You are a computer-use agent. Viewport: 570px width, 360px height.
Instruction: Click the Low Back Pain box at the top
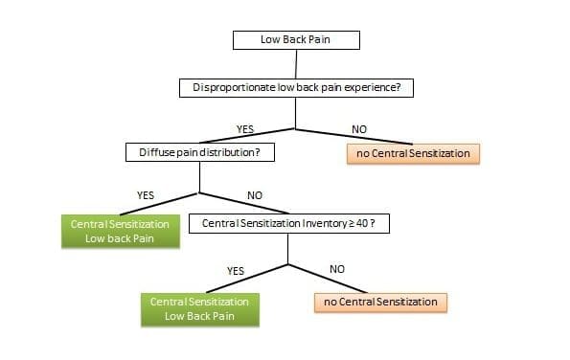(295, 40)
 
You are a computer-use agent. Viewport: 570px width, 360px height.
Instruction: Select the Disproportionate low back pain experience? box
(295, 88)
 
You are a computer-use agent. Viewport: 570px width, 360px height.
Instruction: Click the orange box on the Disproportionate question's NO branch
(412, 153)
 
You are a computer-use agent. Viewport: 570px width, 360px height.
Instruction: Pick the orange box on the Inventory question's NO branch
(380, 303)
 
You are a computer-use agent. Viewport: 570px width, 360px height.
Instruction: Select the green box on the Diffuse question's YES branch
(120, 231)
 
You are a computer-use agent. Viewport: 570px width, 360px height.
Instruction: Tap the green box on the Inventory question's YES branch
(200, 308)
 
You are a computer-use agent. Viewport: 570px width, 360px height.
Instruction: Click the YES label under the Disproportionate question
(244, 129)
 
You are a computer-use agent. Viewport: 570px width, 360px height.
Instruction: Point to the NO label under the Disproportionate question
(359, 129)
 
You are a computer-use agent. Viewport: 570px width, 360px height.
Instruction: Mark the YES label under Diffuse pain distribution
(146, 195)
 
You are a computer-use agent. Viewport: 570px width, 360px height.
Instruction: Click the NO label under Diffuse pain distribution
(255, 196)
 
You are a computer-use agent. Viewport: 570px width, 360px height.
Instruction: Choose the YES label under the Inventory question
(236, 271)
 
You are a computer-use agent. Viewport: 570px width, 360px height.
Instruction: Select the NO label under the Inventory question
(336, 269)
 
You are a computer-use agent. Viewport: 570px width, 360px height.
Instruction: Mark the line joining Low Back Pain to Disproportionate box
(295, 64)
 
